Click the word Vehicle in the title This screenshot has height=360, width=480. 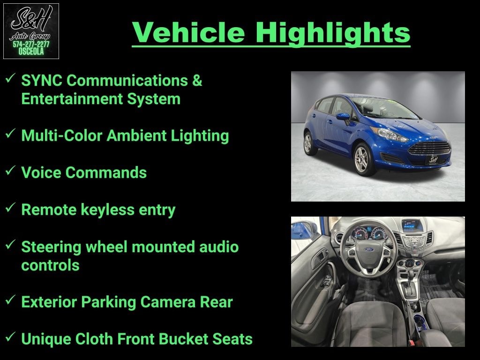(x=188, y=32)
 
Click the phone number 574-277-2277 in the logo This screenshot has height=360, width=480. (x=31, y=45)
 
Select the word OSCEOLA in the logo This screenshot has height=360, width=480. (x=31, y=52)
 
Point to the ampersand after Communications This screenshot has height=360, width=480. (x=197, y=81)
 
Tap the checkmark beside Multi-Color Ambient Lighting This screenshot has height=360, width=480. (x=10, y=133)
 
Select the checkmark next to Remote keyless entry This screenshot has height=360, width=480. (x=10, y=207)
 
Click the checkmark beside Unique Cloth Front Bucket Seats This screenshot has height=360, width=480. (x=10, y=337)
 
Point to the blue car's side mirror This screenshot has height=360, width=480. (x=344, y=117)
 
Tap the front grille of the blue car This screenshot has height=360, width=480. (x=430, y=148)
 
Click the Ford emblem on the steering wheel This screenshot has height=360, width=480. (x=369, y=249)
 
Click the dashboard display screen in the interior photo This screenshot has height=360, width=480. (x=412, y=226)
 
